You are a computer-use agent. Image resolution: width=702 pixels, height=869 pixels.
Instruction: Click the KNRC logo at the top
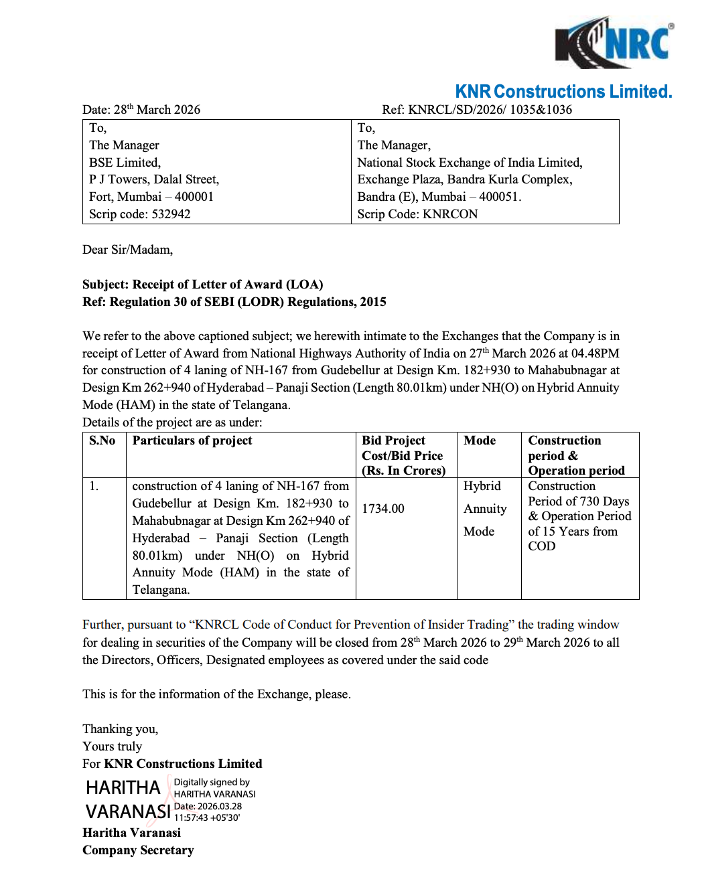click(x=614, y=42)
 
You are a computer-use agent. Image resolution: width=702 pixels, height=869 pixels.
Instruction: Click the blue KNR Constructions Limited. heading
click(x=563, y=92)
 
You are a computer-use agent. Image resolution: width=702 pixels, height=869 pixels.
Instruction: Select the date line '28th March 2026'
click(x=141, y=110)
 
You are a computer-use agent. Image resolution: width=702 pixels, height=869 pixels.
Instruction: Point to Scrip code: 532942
click(x=139, y=214)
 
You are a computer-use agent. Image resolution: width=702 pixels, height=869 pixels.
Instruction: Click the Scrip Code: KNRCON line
click(x=417, y=214)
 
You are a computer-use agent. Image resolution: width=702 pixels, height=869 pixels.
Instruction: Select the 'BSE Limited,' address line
click(x=125, y=163)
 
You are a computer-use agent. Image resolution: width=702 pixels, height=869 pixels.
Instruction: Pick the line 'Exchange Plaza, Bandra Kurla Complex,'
click(x=464, y=179)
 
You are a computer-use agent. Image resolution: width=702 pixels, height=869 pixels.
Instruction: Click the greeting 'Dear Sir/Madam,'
click(x=127, y=250)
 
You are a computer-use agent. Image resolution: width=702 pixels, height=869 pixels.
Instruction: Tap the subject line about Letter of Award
click(x=202, y=285)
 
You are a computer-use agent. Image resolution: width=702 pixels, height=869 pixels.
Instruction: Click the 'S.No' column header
click(x=102, y=441)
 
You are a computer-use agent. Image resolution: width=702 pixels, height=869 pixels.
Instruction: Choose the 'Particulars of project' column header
click(x=192, y=441)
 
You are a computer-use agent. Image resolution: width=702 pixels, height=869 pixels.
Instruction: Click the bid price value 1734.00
click(x=383, y=509)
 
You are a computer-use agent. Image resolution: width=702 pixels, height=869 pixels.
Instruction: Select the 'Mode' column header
click(x=480, y=441)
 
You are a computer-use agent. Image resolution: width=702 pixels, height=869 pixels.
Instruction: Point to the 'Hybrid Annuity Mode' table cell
click(x=484, y=509)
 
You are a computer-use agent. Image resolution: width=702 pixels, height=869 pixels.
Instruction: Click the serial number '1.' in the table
click(x=94, y=486)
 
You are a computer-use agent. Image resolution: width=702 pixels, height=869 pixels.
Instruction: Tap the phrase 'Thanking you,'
click(x=120, y=729)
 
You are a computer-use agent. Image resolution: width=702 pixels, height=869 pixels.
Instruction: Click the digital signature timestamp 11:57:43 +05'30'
click(x=207, y=817)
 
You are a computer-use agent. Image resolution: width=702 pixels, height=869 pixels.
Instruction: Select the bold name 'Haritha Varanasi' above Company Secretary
click(x=131, y=833)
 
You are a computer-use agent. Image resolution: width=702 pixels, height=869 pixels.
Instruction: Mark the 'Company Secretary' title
click(x=138, y=850)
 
